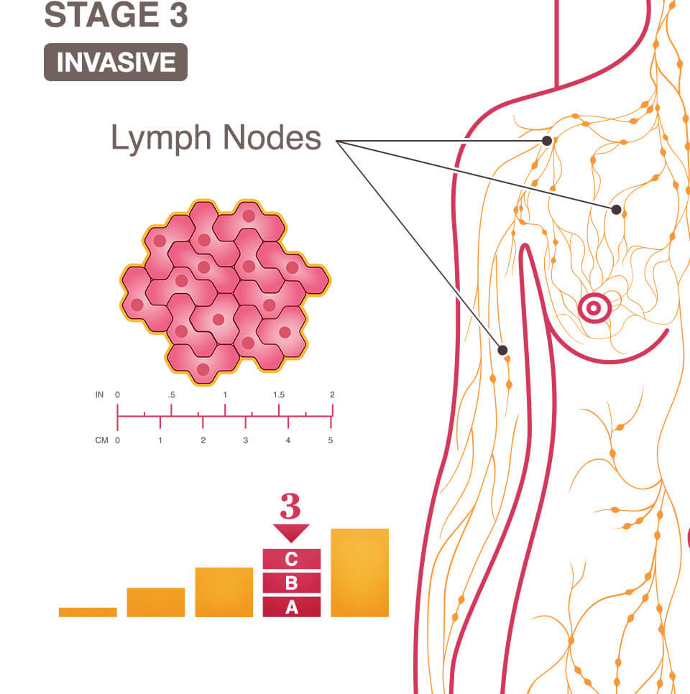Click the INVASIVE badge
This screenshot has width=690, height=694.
(116, 63)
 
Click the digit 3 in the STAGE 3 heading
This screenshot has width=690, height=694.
(178, 16)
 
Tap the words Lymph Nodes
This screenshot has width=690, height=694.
(216, 138)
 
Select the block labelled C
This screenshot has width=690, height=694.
(291, 560)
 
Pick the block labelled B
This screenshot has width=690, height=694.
(291, 583)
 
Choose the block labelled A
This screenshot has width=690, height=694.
(291, 607)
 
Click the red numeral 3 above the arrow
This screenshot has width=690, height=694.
(290, 506)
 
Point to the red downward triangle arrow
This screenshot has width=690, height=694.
(290, 532)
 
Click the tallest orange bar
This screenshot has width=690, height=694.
(359, 573)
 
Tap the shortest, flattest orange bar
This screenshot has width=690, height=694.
(88, 612)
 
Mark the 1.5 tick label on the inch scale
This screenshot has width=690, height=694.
(279, 395)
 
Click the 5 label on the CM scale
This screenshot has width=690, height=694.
(331, 440)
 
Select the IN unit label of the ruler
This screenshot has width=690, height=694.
(100, 395)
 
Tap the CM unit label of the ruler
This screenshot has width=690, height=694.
(101, 440)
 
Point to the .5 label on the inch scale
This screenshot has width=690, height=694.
(171, 395)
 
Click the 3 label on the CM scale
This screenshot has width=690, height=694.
(246, 440)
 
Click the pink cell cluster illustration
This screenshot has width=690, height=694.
(224, 291)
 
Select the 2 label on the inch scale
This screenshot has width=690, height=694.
(332, 395)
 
